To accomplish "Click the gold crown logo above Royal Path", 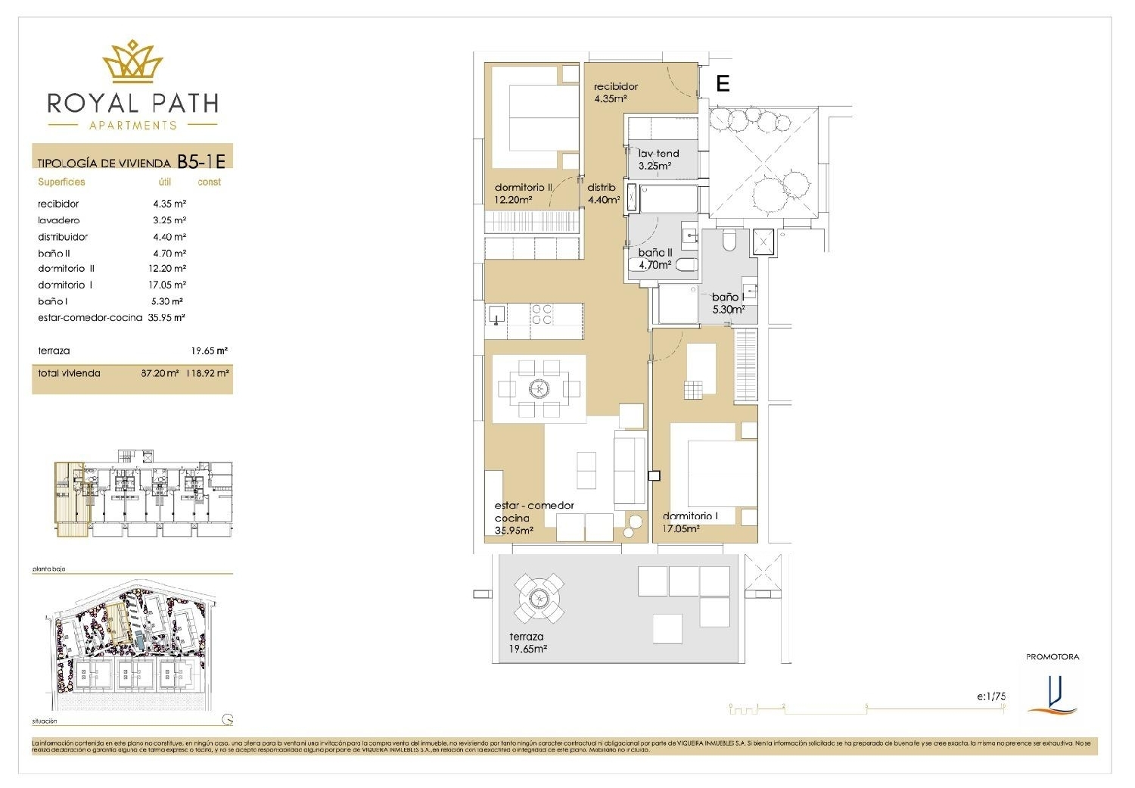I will (x=133, y=62).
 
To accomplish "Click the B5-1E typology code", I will (x=201, y=161).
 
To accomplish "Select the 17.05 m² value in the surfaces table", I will (x=167, y=285).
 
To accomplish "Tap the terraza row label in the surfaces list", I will (x=54, y=351).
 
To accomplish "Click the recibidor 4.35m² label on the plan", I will (x=615, y=92).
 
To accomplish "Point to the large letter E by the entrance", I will (x=723, y=83).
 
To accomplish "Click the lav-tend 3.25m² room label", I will (x=658, y=159).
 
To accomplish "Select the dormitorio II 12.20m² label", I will (x=523, y=193).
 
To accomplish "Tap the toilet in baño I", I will (x=729, y=241).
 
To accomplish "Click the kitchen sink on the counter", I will (x=496, y=314).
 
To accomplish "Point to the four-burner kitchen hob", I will (x=542, y=314).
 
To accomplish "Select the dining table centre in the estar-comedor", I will (x=539, y=389).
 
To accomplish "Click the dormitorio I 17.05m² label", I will (x=689, y=522).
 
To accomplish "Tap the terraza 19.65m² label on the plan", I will (x=527, y=643).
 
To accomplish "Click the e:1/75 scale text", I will (x=990, y=696).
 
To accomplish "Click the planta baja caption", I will (x=49, y=568).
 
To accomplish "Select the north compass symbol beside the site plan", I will (x=228, y=720).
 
